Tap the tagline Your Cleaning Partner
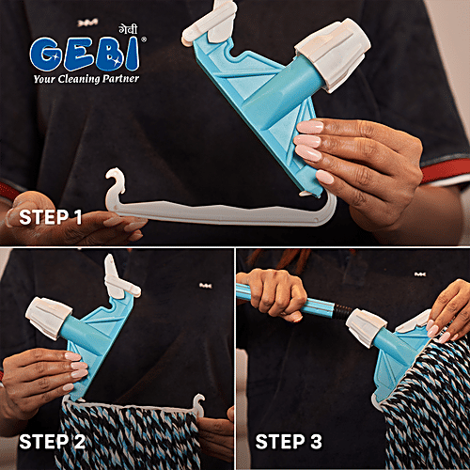point(85,78)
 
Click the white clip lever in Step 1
point(209,23)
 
